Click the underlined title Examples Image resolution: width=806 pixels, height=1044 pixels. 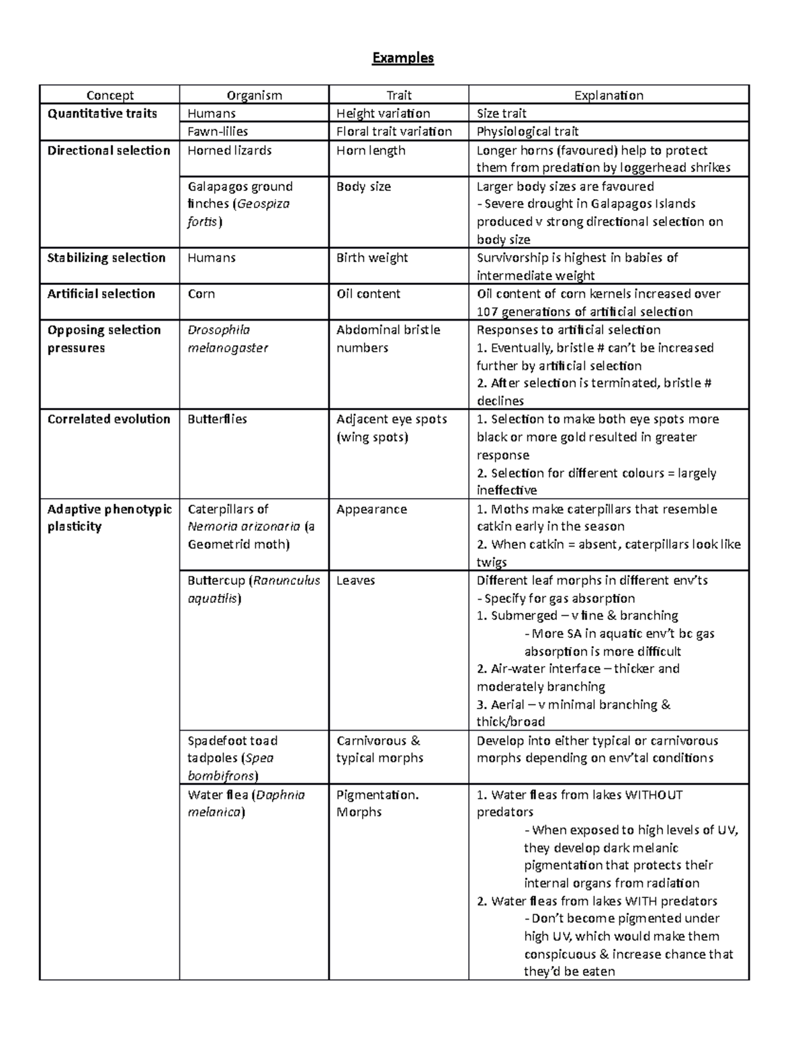403,58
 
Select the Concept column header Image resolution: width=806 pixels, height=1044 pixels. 109,95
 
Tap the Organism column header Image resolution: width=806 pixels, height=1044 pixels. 254,95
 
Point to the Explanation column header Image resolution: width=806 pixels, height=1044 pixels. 609,95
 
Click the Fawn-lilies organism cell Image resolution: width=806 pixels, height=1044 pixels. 218,131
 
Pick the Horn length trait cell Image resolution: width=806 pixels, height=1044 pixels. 371,150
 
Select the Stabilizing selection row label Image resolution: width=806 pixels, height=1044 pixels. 106,257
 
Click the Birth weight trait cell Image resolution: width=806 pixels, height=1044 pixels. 372,257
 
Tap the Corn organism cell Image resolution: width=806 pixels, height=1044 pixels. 201,294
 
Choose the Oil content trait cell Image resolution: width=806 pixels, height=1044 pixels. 368,294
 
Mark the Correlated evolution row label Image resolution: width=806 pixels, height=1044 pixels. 109,419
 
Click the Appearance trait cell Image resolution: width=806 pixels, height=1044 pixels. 371,509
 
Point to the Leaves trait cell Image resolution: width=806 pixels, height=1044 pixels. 355,580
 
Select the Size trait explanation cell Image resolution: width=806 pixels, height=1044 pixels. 502,113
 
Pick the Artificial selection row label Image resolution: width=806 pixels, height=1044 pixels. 101,294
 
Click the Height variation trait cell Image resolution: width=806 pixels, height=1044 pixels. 384,113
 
